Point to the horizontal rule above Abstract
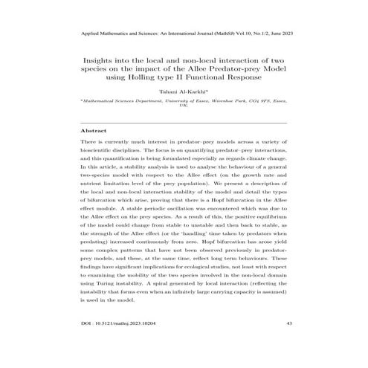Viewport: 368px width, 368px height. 183,122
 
